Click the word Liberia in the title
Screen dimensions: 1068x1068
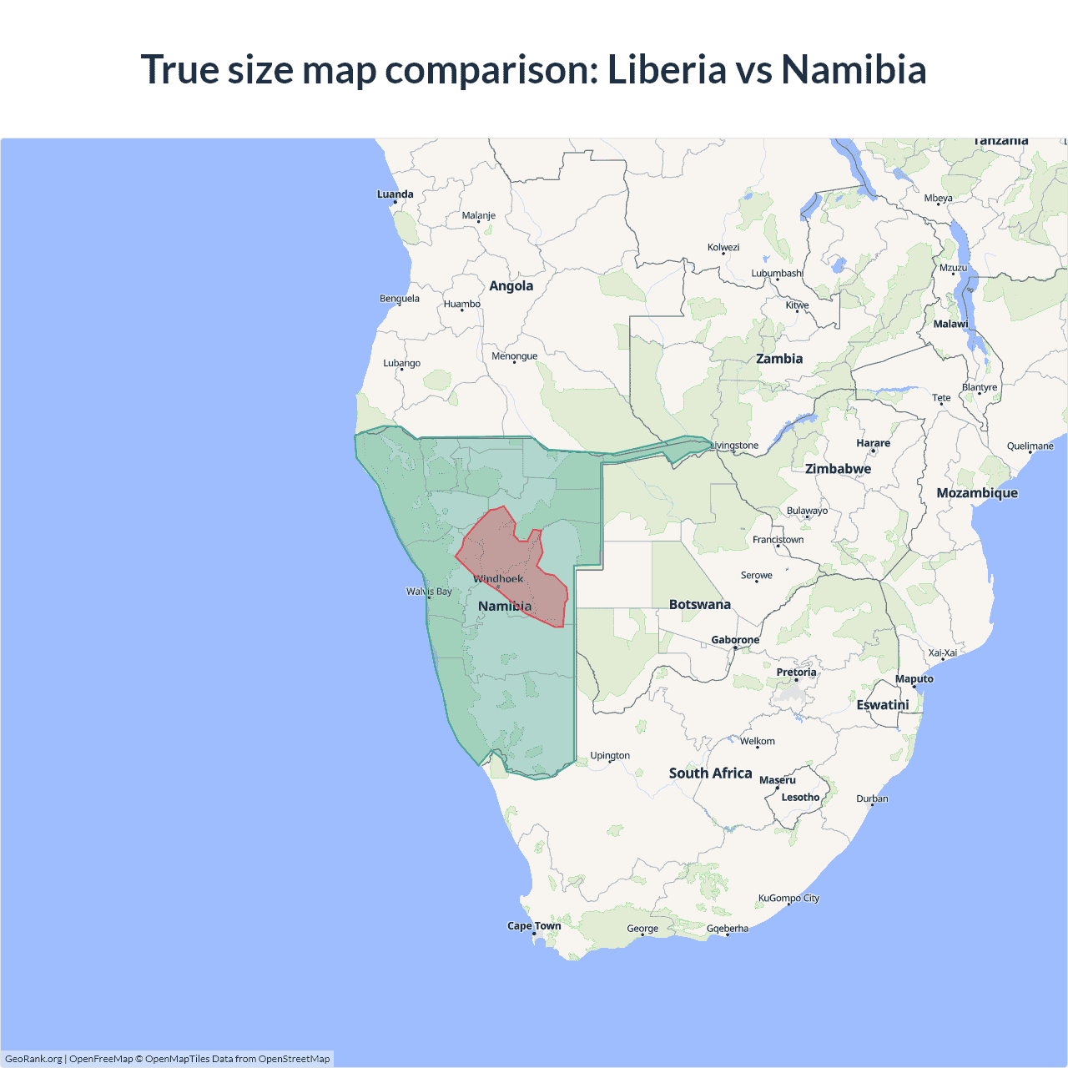667,69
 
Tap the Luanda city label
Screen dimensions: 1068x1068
395,194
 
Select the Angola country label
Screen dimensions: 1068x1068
511,286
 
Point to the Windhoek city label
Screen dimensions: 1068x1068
498,579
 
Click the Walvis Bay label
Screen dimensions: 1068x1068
429,592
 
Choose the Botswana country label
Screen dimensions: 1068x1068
699,605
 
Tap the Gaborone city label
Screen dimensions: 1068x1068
735,640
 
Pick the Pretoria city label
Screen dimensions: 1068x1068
796,673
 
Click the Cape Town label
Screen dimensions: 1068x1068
534,926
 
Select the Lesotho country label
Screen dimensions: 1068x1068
800,798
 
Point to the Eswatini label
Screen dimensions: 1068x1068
882,705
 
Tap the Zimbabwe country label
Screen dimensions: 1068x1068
838,469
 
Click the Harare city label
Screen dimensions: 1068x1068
873,443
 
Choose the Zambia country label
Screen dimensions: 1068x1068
779,359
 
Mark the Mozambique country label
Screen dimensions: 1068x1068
977,493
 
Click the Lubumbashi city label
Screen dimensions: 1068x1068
777,274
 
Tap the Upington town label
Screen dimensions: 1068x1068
610,756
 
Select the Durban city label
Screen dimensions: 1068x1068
872,798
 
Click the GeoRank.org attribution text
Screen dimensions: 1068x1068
33,1059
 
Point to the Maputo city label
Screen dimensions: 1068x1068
914,679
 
